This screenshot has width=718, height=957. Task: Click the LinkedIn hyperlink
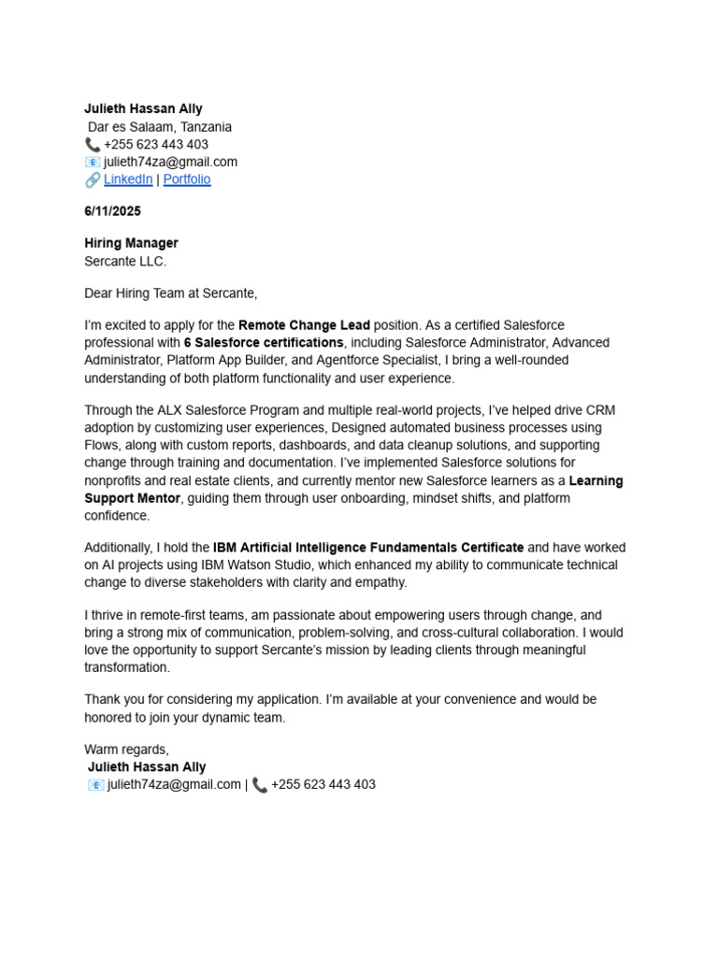pos(128,179)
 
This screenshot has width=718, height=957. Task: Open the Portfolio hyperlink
pos(187,179)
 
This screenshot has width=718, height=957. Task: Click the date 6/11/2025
pos(112,212)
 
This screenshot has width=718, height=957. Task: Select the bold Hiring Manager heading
pos(131,243)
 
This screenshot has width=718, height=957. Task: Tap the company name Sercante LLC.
pos(125,261)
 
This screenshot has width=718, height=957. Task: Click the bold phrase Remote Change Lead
pos(304,325)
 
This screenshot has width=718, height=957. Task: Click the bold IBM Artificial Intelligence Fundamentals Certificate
pos(368,548)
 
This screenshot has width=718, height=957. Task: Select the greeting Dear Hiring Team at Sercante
pos(170,293)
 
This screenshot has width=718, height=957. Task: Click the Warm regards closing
pos(126,750)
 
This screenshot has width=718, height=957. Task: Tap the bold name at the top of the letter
pos(143,109)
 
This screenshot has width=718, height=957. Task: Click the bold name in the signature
pos(147,767)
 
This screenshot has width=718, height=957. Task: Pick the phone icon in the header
pos(93,145)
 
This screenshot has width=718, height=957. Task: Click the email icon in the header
pos(93,162)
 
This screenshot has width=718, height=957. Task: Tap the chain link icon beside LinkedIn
pos(93,179)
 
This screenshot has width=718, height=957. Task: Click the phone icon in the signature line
pos(260,785)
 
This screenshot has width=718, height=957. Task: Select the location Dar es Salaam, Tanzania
pos(160,127)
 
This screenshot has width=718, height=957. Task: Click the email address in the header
pos(170,162)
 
